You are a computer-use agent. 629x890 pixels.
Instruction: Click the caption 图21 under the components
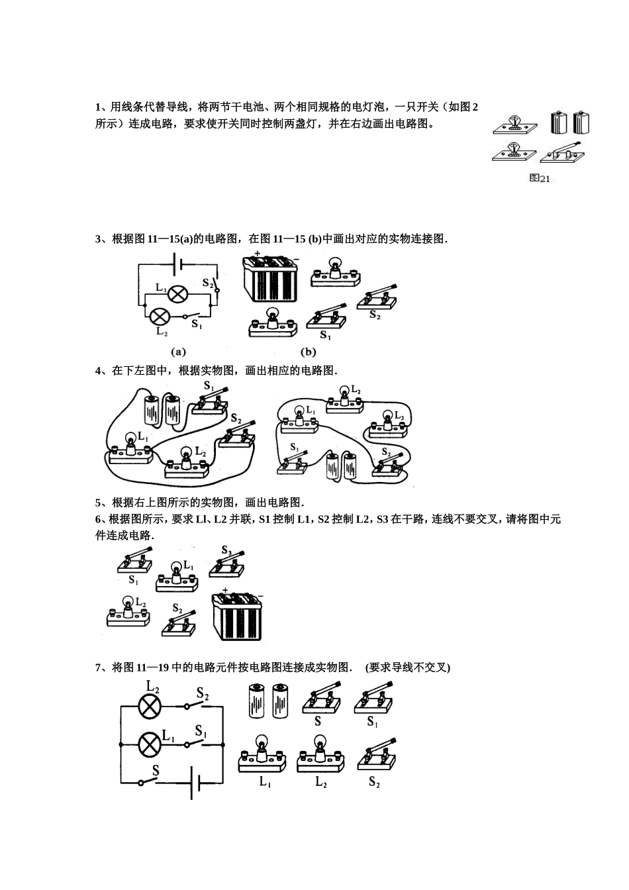(x=540, y=178)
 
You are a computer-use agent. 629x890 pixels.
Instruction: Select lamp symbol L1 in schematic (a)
(x=177, y=294)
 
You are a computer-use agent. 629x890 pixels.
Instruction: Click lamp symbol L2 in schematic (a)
(x=158, y=317)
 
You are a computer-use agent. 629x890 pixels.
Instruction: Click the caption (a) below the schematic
(x=178, y=352)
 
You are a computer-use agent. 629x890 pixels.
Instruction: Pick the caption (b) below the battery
(x=309, y=352)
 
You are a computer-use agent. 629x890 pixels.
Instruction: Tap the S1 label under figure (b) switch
(x=325, y=335)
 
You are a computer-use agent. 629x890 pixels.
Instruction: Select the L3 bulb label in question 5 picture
(x=398, y=415)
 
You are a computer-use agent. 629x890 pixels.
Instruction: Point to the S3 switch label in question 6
(x=226, y=550)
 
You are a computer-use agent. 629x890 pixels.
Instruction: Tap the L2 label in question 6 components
(x=140, y=603)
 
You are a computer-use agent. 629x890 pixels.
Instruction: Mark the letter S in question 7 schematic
(x=156, y=770)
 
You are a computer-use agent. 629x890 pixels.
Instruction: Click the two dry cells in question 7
(x=268, y=701)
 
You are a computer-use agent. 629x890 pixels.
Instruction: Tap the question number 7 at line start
(x=99, y=667)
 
